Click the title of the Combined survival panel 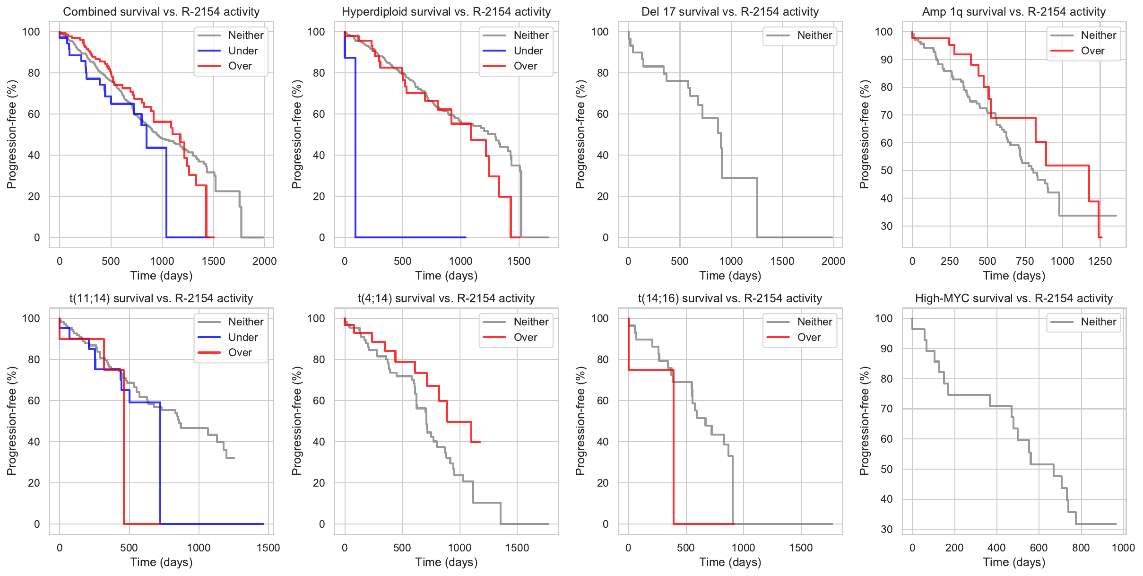click(161, 12)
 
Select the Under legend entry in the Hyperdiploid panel click(528, 51)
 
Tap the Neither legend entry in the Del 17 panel click(814, 35)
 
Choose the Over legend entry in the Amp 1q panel click(1092, 51)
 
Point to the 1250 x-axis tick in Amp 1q click(1100, 261)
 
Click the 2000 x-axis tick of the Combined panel click(264, 261)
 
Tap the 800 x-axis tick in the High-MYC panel click(1081, 548)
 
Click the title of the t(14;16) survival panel click(730, 298)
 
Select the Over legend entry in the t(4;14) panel click(525, 337)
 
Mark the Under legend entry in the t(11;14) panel click(242, 337)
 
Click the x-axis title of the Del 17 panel click(730, 276)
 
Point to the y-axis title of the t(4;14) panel click(296, 421)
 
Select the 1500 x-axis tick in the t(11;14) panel click(268, 548)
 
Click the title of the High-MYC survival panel click(1013, 298)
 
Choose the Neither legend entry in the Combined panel click(245, 35)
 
